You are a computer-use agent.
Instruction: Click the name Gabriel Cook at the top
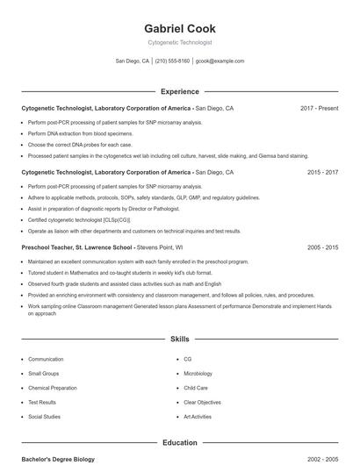[179, 29]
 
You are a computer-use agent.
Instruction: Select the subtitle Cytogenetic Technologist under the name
[179, 42]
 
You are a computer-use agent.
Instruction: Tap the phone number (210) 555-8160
[172, 61]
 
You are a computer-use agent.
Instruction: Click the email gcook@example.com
[220, 61]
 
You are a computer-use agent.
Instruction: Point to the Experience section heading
[179, 91]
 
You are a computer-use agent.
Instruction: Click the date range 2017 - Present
[319, 108]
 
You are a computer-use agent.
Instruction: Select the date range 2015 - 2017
[322, 173]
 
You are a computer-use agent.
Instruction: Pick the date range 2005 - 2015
[322, 248]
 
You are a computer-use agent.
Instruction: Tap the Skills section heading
[179, 339]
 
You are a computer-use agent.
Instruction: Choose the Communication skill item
[46, 359]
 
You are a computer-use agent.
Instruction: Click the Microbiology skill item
[199, 374]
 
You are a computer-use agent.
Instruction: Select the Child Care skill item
[196, 388]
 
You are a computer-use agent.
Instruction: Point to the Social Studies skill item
[44, 417]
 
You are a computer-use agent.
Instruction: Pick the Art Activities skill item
[198, 417]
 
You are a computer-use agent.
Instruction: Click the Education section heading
[179, 443]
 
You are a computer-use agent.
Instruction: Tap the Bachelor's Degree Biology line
[57, 459]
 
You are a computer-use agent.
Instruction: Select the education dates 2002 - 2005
[322, 459]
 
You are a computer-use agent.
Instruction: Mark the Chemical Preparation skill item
[52, 388]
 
